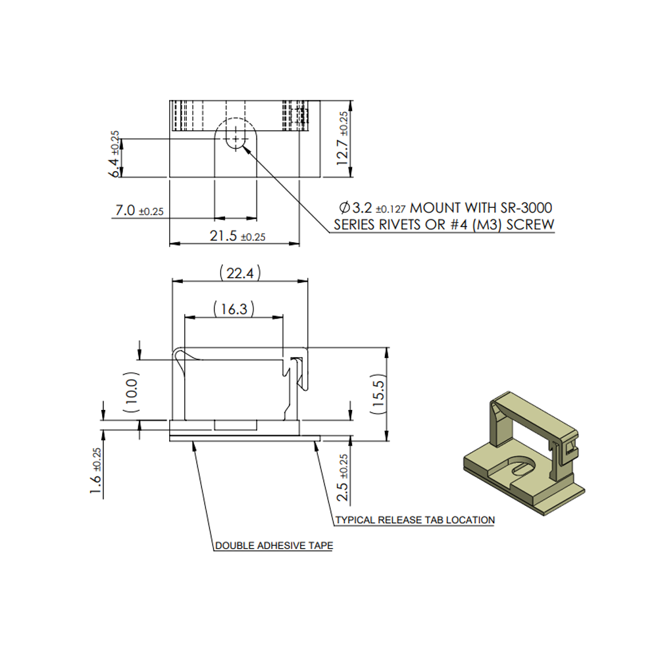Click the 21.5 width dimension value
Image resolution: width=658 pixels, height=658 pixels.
click(223, 236)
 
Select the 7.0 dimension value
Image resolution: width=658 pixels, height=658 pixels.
click(125, 210)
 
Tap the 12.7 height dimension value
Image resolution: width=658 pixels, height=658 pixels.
click(342, 151)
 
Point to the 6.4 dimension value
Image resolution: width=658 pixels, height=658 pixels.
click(114, 168)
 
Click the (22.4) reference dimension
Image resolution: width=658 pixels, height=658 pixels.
click(240, 273)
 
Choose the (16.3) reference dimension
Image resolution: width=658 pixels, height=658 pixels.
click(234, 309)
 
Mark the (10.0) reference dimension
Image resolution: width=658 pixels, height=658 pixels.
click(131, 392)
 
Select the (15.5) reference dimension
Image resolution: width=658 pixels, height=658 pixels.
click(378, 394)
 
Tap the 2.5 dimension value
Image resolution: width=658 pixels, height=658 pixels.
click(342, 491)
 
